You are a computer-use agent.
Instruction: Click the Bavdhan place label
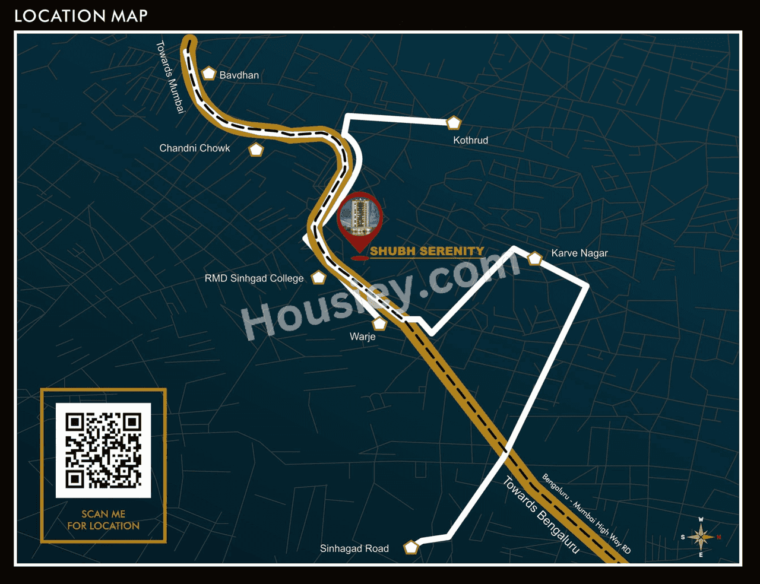click(x=239, y=75)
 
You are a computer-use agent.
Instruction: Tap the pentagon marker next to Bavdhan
click(x=208, y=74)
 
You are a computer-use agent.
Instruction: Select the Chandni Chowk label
click(x=194, y=148)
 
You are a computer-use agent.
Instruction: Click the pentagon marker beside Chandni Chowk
click(x=256, y=150)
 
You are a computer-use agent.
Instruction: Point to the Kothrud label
click(x=470, y=141)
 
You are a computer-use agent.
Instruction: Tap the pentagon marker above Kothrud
click(x=454, y=123)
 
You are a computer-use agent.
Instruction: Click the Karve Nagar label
click(x=579, y=253)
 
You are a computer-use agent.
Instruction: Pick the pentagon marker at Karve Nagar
click(x=535, y=259)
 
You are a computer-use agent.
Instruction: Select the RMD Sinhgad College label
click(x=254, y=278)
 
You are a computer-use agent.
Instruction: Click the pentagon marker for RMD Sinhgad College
click(x=319, y=277)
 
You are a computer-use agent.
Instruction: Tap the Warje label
click(x=362, y=337)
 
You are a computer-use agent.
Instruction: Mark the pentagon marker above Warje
click(x=379, y=324)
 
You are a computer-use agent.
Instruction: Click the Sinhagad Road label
click(x=354, y=549)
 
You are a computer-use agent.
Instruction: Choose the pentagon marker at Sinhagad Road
click(x=411, y=547)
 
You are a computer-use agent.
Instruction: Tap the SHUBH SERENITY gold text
click(x=427, y=252)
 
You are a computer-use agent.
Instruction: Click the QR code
click(x=103, y=450)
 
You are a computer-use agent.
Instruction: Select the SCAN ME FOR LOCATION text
click(x=103, y=520)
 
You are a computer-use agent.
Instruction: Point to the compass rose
click(x=701, y=537)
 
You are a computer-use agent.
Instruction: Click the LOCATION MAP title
click(x=81, y=16)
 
